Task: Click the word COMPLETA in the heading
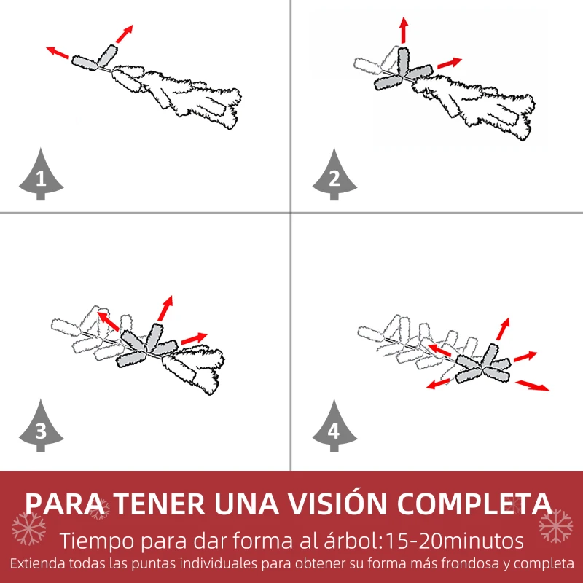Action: [x=474, y=504]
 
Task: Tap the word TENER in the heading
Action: [x=160, y=504]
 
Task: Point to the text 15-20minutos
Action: [x=455, y=541]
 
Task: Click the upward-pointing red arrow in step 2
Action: [x=404, y=30]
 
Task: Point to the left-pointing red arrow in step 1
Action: [x=58, y=52]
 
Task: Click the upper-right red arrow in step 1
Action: [x=124, y=34]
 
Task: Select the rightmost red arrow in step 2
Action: [x=450, y=63]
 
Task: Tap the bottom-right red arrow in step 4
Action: [x=532, y=386]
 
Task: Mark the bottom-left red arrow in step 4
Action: [x=439, y=384]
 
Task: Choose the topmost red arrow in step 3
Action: [x=165, y=308]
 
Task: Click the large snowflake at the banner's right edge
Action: [x=556, y=525]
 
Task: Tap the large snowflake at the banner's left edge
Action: [x=29, y=528]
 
